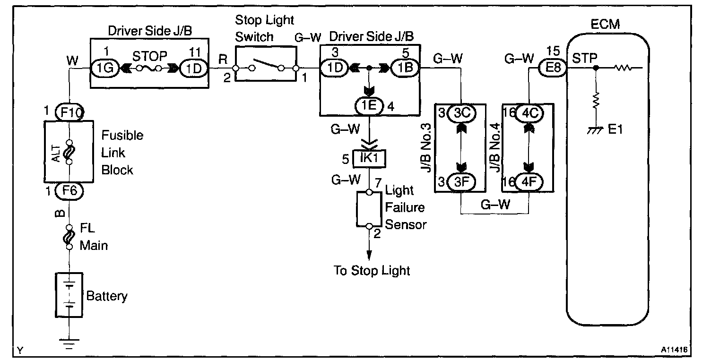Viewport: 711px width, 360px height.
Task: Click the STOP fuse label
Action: (149, 57)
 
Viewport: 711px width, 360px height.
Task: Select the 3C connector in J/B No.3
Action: (460, 113)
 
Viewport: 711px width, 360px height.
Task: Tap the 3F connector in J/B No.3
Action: (460, 182)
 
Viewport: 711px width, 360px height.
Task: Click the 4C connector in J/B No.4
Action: (529, 113)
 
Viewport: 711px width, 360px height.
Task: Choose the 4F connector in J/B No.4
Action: (529, 182)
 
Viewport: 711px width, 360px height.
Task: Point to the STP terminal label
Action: (585, 58)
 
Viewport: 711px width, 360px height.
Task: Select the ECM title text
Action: (606, 24)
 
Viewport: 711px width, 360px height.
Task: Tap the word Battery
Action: (107, 296)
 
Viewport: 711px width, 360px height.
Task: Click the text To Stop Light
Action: (372, 271)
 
